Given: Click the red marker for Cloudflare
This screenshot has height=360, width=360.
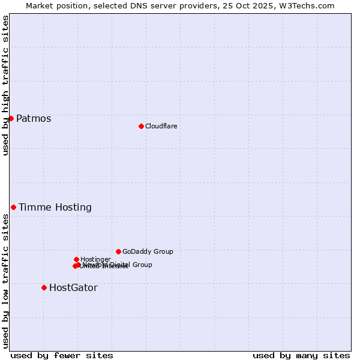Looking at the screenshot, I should (x=141, y=126).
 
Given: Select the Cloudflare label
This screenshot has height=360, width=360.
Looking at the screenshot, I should (x=161, y=126).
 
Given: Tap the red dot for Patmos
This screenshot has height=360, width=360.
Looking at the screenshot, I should (x=11, y=118).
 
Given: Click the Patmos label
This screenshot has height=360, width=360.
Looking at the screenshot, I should (x=34, y=119).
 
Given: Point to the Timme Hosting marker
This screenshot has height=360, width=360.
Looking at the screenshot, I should (x=13, y=207).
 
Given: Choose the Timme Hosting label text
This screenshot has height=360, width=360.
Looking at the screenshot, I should (x=55, y=208).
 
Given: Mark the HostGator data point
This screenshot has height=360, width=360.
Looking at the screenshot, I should (x=44, y=287).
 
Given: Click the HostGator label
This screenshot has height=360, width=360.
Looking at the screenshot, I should (x=73, y=288).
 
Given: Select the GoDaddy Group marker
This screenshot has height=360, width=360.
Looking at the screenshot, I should (x=118, y=251).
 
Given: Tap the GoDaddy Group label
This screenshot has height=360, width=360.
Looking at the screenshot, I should (x=148, y=252).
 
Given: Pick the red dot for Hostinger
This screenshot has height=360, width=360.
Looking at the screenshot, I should (x=76, y=259).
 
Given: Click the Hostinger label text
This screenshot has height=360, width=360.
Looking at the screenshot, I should (x=95, y=260).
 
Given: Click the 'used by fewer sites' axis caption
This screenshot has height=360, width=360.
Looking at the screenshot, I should (x=62, y=355).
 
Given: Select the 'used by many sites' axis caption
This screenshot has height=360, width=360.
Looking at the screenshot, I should (x=301, y=355).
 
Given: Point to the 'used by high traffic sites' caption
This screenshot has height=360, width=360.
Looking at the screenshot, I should (x=5, y=85).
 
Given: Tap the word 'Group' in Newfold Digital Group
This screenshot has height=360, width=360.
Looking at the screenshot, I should (x=142, y=265).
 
